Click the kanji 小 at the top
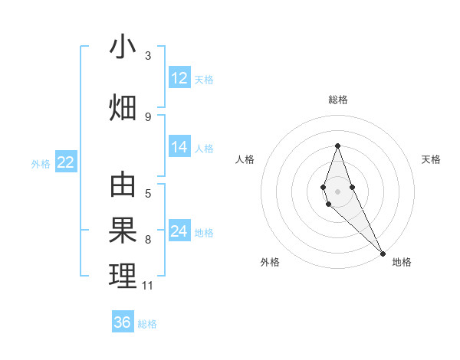123,47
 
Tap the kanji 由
123,185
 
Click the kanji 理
123,277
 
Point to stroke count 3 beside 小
148,56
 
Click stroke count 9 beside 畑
148,116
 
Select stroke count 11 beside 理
148,286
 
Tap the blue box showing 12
179,78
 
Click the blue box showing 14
179,147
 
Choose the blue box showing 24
179,231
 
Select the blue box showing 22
65,162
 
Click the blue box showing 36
123,322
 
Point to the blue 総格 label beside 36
147,324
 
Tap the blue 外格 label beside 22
40,163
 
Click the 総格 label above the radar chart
337,100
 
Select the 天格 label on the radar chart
431,159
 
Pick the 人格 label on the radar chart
245,159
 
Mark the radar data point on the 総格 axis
337,146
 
